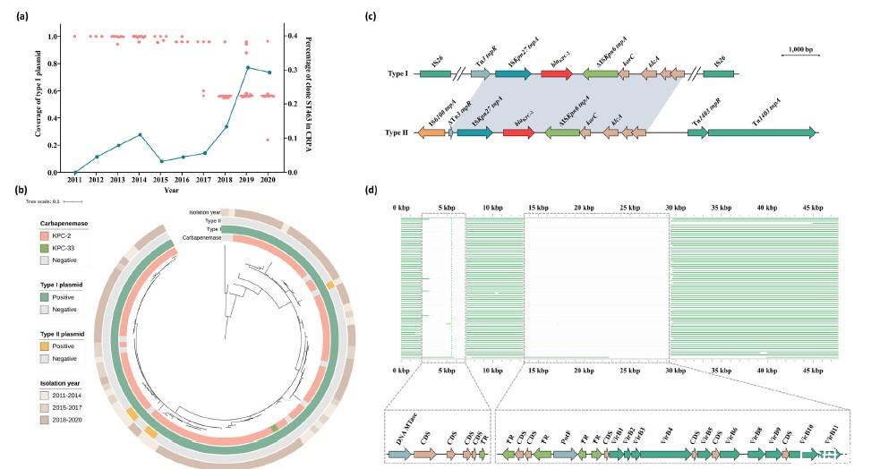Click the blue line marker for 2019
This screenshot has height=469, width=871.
point(247,67)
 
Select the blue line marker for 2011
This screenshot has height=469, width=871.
point(74,173)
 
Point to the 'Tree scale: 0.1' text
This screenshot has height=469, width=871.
point(43,201)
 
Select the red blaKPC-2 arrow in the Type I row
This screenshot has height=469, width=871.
point(556,72)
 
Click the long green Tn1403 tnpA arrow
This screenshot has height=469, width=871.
point(761,132)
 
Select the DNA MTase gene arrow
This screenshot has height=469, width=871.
point(399,455)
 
